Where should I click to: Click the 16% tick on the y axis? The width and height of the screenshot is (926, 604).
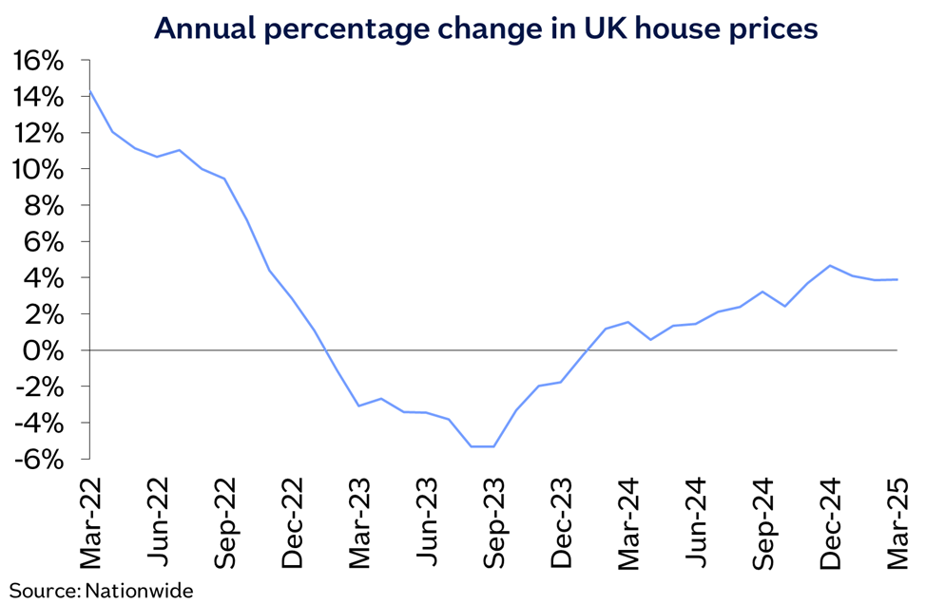point(39,61)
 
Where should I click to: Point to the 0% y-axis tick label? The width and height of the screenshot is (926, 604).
point(48,350)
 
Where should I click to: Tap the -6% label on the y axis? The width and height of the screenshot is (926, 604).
point(39,459)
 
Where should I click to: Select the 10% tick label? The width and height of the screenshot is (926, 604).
point(39,169)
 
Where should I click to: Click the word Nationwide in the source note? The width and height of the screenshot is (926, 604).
point(139,591)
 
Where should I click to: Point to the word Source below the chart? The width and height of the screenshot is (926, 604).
point(44,591)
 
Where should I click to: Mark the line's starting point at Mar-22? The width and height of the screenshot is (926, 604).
point(90,92)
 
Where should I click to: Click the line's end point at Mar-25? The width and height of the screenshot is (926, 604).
point(898,279)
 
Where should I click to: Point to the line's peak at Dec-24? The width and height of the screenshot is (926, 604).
point(831,266)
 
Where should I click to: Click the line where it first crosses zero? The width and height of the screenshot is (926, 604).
point(326,350)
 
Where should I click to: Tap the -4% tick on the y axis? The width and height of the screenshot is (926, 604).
point(39,423)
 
